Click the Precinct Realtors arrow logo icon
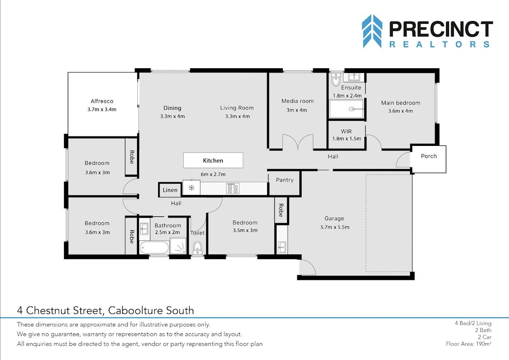click(372, 31)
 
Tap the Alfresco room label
click(102, 101)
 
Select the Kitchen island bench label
click(213, 161)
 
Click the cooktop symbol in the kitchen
click(233, 189)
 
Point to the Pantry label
click(285, 180)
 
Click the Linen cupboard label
click(170, 190)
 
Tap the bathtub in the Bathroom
click(154, 247)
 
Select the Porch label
click(429, 156)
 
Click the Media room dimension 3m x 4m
click(296, 110)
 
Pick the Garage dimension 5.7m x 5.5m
click(335, 227)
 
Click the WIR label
click(346, 131)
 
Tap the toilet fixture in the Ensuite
click(336, 79)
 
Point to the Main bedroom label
click(400, 103)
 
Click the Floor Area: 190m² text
click(469, 344)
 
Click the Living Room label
click(237, 108)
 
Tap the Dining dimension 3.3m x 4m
click(173, 117)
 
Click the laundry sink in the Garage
click(282, 248)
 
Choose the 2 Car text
click(484, 337)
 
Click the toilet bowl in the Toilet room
click(197, 248)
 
